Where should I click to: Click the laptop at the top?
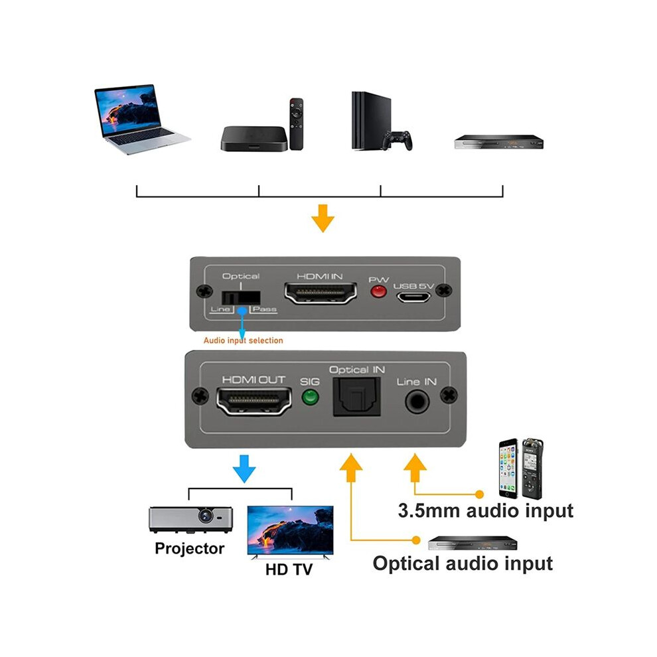pyautogui.click(x=141, y=119)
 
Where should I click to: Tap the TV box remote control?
pyautogui.click(x=296, y=124)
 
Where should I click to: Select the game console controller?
pyautogui.click(x=398, y=141)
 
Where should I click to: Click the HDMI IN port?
pyautogui.click(x=321, y=293)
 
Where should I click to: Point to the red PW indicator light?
pyautogui.click(x=378, y=291)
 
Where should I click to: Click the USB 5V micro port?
pyautogui.click(x=413, y=297)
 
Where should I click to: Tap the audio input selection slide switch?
pyautogui.click(x=241, y=298)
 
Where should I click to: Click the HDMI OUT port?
pyautogui.click(x=254, y=401)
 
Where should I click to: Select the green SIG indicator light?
pyautogui.click(x=310, y=396)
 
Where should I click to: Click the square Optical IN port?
pyautogui.click(x=356, y=397)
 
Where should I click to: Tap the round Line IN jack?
pyautogui.click(x=417, y=402)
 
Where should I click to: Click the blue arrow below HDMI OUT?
pyautogui.click(x=244, y=469)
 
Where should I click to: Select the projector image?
pyautogui.click(x=190, y=520)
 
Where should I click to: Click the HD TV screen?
pyautogui.click(x=291, y=530)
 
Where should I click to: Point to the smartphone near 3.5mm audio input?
pyautogui.click(x=508, y=469)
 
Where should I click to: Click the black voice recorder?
pyautogui.click(x=532, y=469)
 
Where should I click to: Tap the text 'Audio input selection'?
pyautogui.click(x=243, y=340)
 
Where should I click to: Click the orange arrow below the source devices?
pyautogui.click(x=323, y=218)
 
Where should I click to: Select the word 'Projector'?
pyautogui.click(x=189, y=548)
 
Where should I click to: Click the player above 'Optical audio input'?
pyautogui.click(x=473, y=543)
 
